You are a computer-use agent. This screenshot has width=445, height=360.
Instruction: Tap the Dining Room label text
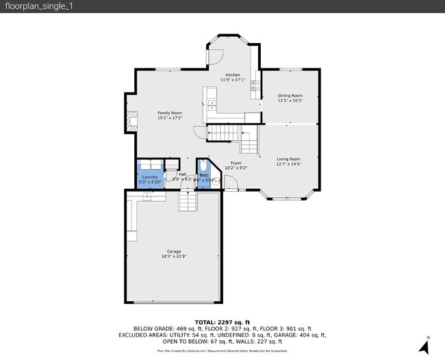pos(290,95)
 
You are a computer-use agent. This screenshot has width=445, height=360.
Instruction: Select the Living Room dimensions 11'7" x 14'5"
pos(289,164)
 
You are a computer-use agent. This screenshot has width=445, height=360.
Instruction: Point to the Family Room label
pos(169,112)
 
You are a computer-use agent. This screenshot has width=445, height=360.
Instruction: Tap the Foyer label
pos(236,163)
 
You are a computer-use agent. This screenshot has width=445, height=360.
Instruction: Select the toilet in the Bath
pos(204,166)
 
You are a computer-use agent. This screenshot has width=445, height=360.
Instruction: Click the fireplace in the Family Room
pos(129,121)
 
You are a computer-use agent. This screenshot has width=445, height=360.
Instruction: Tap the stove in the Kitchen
pos(254,86)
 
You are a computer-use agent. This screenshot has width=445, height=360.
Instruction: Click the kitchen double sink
pos(212,105)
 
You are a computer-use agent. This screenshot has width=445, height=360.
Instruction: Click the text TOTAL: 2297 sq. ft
pos(222,322)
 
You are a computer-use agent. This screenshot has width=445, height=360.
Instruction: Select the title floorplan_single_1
pos(32,6)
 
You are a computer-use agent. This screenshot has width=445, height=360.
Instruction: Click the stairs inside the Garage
pos(188,201)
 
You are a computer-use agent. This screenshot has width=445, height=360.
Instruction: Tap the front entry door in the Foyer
pos(232,182)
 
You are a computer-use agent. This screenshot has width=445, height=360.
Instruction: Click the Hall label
pos(183,174)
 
